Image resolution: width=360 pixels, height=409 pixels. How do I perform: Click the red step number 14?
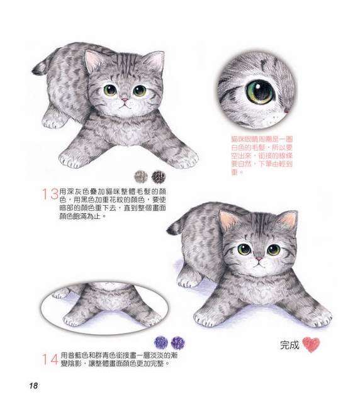click(50, 359)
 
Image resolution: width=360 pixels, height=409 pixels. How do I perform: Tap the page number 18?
click(33, 385)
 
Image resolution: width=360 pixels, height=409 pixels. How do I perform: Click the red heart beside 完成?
click(311, 345)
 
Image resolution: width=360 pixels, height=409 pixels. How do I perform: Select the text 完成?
click(290, 345)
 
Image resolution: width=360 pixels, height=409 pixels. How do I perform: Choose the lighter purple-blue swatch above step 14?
click(161, 342)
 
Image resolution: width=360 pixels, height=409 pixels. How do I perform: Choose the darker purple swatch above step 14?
click(178, 342)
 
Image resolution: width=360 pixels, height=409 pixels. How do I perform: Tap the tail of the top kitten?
click(40, 66)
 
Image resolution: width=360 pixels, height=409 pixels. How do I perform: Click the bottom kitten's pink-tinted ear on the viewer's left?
click(227, 220)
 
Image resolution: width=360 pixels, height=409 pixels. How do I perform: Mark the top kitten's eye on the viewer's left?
click(110, 90)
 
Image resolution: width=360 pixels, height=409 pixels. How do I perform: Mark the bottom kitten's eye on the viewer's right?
click(273, 250)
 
